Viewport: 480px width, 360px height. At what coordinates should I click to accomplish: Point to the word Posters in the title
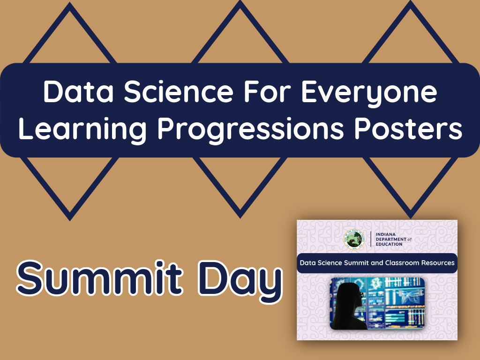tap(414, 129)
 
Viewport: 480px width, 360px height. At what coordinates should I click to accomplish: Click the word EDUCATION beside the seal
tap(389, 244)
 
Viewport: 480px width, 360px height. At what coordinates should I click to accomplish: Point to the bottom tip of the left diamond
tap(70, 218)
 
